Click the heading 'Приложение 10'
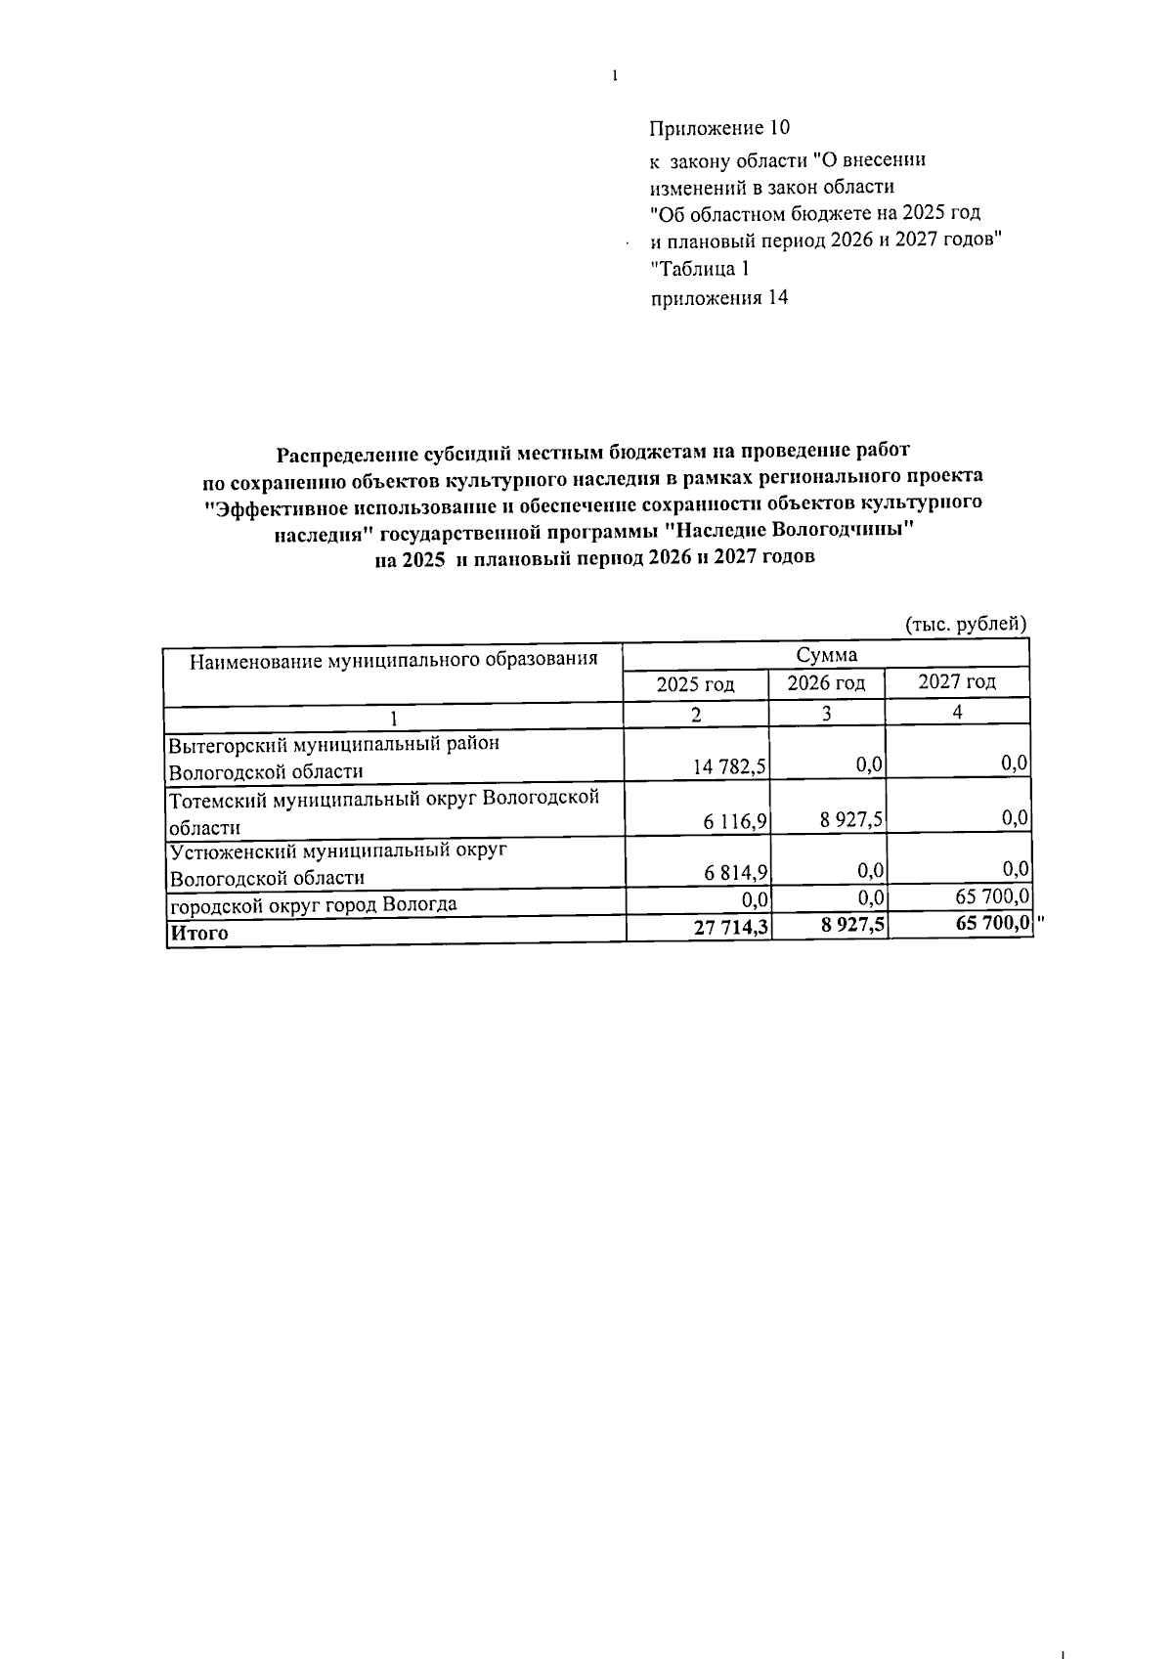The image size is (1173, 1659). [719, 128]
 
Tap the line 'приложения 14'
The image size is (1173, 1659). [719, 298]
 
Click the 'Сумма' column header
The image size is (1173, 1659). [826, 655]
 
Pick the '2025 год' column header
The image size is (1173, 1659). [695, 683]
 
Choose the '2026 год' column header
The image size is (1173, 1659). [826, 682]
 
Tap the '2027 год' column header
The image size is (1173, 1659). [957, 681]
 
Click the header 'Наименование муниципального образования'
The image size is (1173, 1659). [393, 659]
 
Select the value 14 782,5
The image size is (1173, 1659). [729, 767]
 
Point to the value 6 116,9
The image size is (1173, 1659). [734, 822]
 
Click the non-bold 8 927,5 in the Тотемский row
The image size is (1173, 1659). [851, 819]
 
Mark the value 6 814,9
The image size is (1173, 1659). [734, 873]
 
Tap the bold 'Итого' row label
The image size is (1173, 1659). [198, 933]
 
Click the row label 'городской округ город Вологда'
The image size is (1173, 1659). [313, 904]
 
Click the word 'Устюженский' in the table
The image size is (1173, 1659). [226, 851]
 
